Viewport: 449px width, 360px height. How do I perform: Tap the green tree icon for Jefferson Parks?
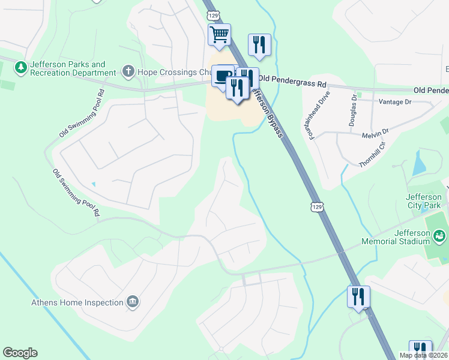coord(22,67)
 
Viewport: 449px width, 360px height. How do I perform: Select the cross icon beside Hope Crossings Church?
coord(128,72)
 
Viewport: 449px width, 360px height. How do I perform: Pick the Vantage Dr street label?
coord(394,102)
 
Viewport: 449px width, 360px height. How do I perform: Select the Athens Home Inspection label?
coord(77,302)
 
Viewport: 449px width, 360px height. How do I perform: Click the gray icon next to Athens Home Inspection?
coord(133,302)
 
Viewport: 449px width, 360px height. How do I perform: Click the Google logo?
coord(20,353)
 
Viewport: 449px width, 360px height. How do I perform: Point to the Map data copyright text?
coord(423,355)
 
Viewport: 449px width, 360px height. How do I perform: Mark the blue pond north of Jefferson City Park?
coord(418,164)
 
